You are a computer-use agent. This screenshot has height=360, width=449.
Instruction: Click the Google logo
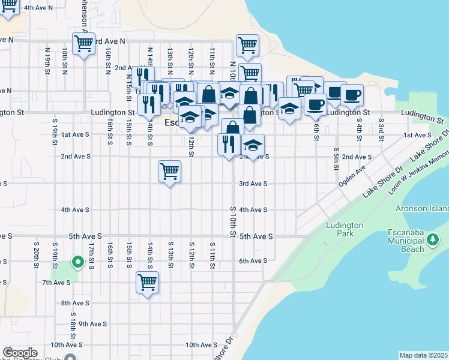click(20, 353)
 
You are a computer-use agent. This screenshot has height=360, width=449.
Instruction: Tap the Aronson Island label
click(423, 208)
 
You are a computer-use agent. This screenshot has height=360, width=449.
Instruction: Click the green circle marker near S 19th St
click(77, 262)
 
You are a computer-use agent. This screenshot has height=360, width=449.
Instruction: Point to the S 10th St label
click(233, 221)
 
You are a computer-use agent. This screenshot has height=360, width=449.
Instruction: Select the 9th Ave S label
click(92, 323)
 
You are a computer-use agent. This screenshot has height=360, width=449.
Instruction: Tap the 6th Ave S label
click(253, 261)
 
